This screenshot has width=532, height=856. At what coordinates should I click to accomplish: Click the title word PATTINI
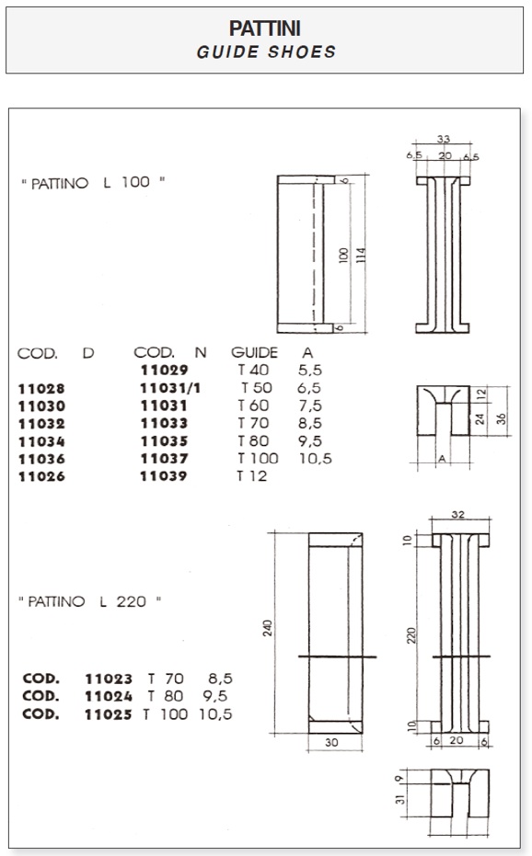(265, 28)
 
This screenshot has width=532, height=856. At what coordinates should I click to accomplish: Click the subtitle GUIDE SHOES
(266, 51)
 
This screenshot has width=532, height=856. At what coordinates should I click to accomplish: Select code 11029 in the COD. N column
(164, 371)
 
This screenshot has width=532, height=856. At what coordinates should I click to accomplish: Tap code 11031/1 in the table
(170, 388)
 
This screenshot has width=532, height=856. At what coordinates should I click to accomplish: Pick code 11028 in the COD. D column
(41, 389)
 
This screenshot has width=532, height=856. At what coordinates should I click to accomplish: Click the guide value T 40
(253, 371)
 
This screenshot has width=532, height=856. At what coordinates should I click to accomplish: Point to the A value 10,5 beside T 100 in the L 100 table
(316, 459)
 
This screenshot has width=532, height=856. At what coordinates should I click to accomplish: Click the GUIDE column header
(254, 353)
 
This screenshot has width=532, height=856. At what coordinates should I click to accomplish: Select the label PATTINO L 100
(93, 182)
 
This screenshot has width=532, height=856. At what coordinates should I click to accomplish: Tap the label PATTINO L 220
(89, 601)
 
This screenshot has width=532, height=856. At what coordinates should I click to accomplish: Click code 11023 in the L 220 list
(109, 679)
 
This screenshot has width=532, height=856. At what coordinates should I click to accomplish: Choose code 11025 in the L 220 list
(109, 714)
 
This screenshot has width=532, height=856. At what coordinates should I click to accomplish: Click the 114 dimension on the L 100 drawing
(361, 256)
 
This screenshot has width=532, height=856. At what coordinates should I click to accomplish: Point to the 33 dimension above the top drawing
(444, 139)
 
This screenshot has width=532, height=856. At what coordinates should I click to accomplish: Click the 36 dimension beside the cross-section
(502, 418)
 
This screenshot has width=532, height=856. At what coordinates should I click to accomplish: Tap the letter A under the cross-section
(442, 459)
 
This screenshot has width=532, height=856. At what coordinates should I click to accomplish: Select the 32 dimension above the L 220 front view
(458, 514)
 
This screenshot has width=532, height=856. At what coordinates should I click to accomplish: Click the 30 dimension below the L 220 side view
(331, 743)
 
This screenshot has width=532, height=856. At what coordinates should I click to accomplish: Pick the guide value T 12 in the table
(252, 476)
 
